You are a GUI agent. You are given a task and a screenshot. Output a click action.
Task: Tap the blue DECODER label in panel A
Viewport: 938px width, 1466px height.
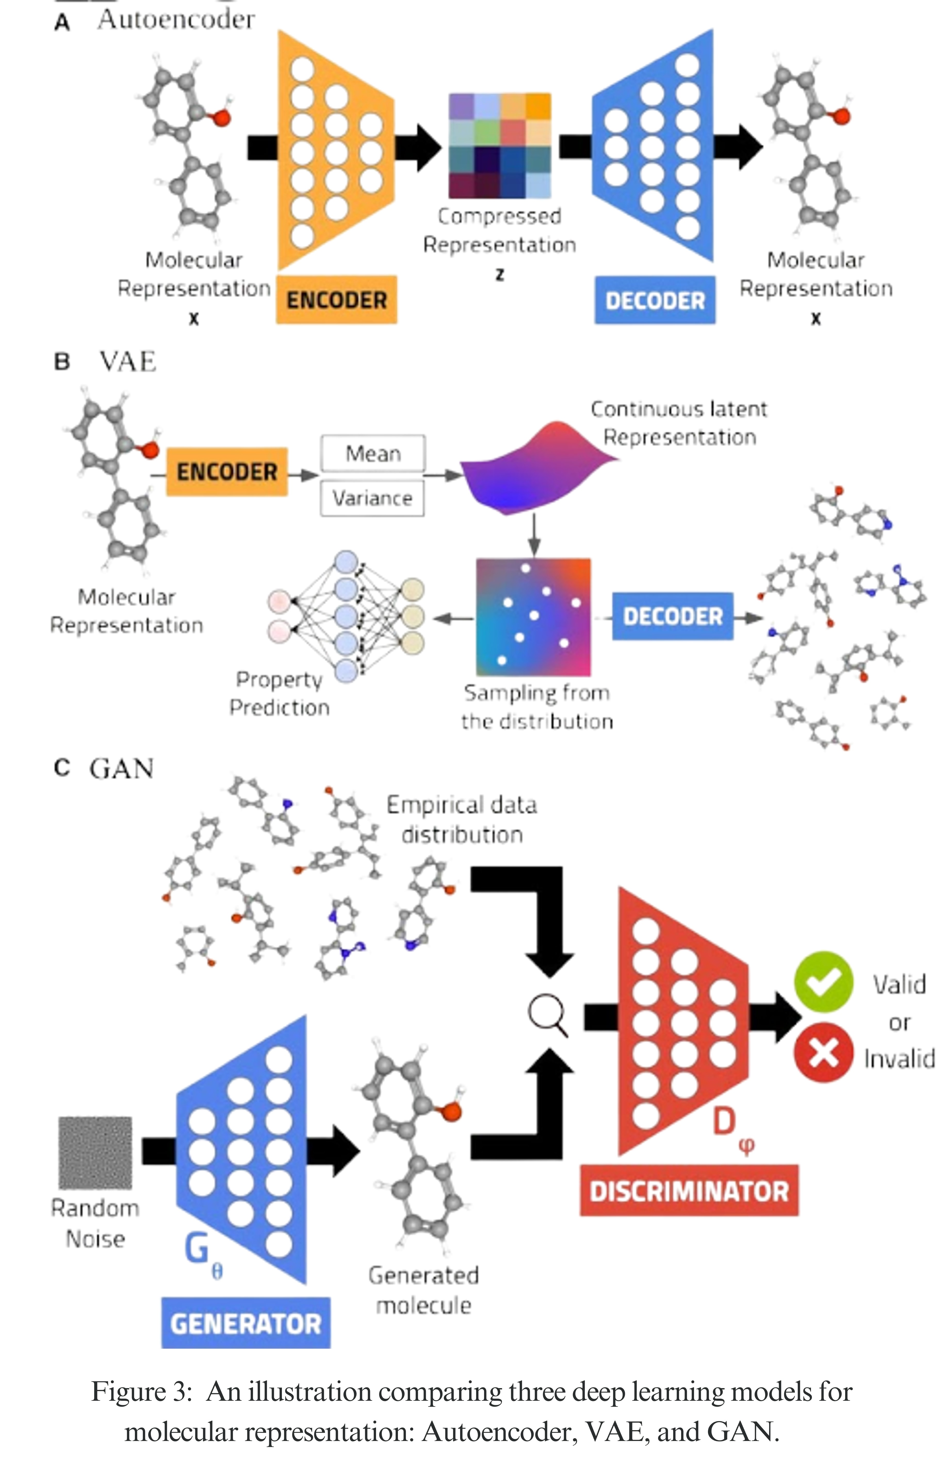655,300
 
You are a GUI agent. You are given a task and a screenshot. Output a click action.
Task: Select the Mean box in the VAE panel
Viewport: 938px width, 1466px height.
373,453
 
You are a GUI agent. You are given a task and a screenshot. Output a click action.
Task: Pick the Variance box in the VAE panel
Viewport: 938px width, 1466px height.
372,498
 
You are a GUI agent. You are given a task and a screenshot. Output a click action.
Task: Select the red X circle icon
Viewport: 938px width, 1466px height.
823,1052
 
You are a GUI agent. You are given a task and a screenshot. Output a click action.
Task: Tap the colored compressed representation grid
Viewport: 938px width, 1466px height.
500,145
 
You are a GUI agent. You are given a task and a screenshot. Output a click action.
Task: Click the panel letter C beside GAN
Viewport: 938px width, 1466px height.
62,767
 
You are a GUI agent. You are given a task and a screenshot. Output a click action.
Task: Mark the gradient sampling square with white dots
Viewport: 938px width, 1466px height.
533,616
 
